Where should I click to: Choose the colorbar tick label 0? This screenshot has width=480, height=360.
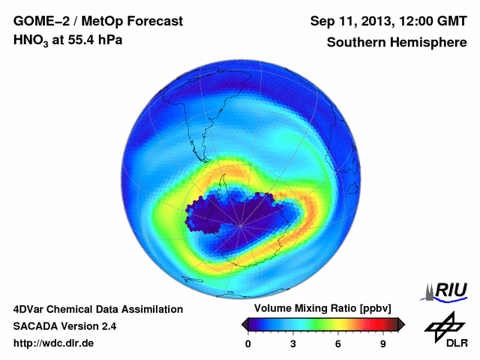point(248,344)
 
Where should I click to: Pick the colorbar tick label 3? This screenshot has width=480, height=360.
point(293,344)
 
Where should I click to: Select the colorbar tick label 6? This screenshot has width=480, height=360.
point(338,344)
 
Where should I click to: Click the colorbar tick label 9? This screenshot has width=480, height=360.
point(382,344)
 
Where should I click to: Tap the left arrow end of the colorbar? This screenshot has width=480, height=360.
point(244,324)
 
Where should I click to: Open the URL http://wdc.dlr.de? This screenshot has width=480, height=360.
point(54,343)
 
